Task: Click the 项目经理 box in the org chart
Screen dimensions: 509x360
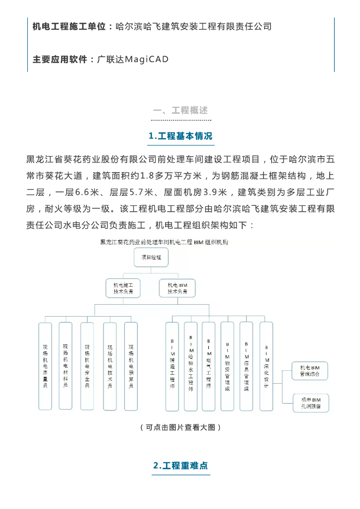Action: point(151,258)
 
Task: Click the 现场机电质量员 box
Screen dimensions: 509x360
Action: point(45,366)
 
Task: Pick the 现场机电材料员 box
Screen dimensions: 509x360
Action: point(65,366)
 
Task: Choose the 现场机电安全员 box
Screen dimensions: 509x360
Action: point(87,366)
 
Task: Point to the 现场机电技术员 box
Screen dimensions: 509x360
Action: point(110,366)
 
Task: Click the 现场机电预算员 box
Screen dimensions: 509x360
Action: point(131,366)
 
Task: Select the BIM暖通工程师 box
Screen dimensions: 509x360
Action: point(172,366)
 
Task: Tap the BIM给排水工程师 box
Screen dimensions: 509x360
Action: point(190,366)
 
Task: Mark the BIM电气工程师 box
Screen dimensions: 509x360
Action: point(209,366)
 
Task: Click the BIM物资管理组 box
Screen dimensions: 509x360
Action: point(227,366)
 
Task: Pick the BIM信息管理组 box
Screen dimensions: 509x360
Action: point(246,366)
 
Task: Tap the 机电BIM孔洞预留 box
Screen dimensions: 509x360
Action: point(311,402)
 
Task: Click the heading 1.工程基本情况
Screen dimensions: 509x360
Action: point(180,136)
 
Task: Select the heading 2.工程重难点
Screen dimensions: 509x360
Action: point(180,466)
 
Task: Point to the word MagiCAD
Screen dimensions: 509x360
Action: point(147,60)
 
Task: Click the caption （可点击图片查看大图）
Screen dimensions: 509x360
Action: point(180,427)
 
